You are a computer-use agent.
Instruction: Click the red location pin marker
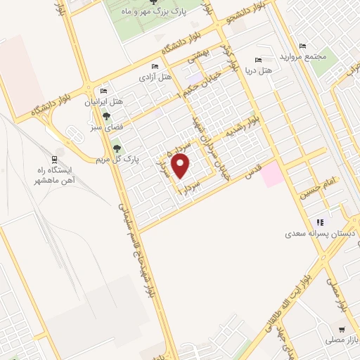(x=181, y=166)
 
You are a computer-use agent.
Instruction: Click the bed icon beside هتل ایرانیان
(x=104, y=91)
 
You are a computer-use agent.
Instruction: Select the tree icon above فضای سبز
(x=105, y=117)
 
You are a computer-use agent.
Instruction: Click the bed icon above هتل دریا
(x=258, y=60)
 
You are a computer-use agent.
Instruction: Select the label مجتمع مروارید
(x=300, y=56)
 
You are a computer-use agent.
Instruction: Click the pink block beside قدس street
(x=272, y=174)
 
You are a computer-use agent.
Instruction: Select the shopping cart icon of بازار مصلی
(x=342, y=329)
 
